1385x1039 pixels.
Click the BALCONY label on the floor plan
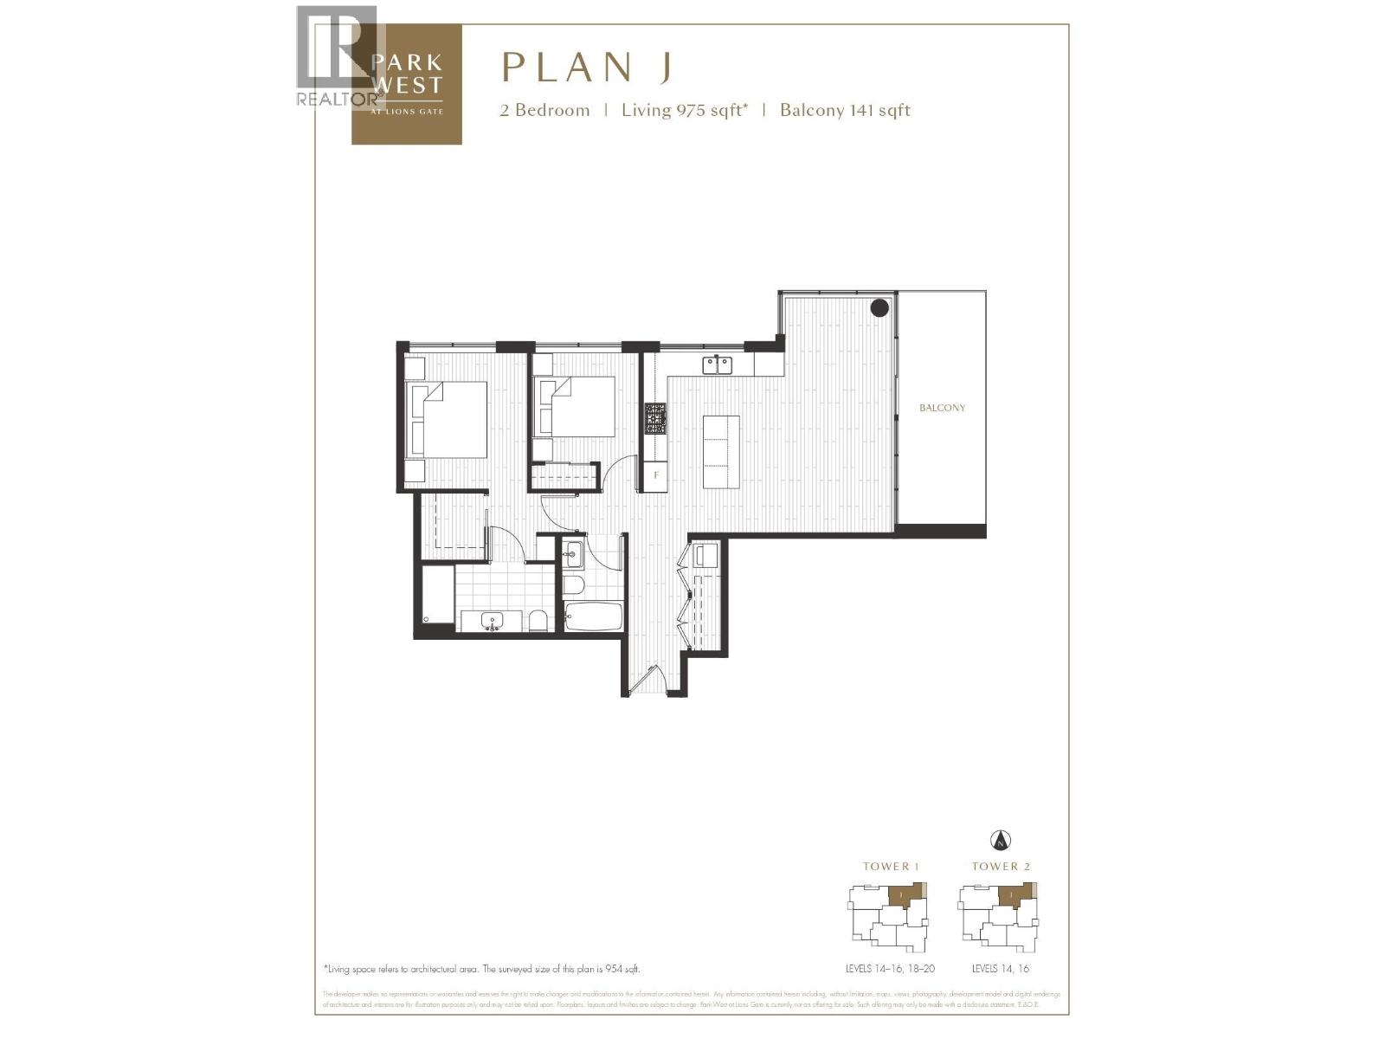tap(942, 408)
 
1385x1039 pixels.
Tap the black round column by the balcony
tap(879, 307)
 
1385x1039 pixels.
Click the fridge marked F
tap(656, 475)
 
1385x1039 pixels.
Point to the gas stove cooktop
tap(655, 419)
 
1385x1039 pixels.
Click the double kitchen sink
tap(717, 365)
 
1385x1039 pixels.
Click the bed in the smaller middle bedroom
tap(581, 406)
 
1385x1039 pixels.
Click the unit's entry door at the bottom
tap(646, 681)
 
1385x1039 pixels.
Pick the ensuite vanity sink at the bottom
tap(493, 621)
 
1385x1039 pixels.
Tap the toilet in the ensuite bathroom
tap(537, 620)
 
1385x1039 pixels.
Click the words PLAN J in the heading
tap(587, 68)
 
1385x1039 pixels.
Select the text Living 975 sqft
tap(684, 110)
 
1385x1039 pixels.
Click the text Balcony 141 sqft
tap(845, 110)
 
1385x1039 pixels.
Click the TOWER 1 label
tap(891, 866)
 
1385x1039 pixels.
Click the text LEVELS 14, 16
tap(1000, 969)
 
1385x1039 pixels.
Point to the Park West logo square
tap(407, 85)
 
